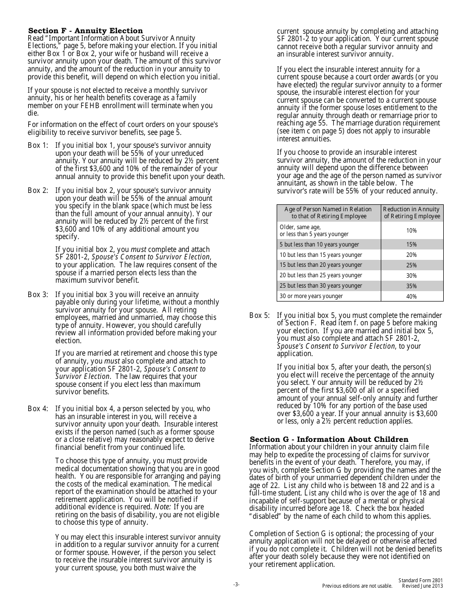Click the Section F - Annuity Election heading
pos(85,31)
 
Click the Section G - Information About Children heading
pos(329,439)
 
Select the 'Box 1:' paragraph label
pos(38,145)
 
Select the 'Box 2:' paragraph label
pos(38,190)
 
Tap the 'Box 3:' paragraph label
pos(38,295)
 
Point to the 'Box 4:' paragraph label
pos(38,409)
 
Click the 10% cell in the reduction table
pos(412,231)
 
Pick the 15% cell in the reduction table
pos(412,244)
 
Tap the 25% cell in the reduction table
pos(412,265)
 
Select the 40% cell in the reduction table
pos(412,297)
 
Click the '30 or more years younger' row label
pos(311,296)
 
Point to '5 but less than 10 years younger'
pos(319,244)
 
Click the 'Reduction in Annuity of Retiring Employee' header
pos(412,213)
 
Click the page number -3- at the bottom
pos(236,585)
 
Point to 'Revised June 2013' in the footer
pos(422,586)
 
